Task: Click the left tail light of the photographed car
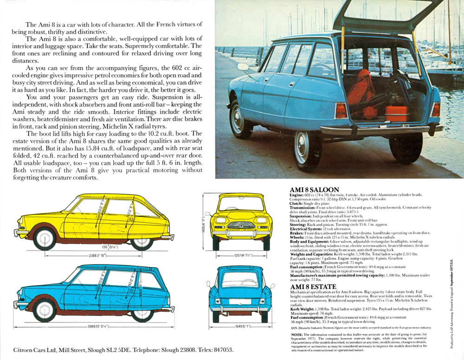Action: click(x=342, y=110)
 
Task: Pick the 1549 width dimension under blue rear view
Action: click(x=240, y=327)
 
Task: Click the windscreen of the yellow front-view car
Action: click(x=241, y=205)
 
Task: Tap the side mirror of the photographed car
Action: click(x=242, y=67)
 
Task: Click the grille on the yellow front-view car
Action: click(x=241, y=225)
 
